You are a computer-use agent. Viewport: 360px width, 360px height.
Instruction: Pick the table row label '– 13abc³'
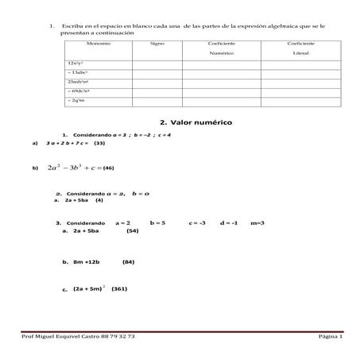pyautogui.click(x=80, y=72)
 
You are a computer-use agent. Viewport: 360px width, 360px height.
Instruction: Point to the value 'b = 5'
pyautogui.click(x=157, y=223)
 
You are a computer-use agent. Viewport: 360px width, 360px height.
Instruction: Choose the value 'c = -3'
pyautogui.click(x=197, y=223)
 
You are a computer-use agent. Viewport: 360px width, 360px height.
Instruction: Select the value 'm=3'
pyautogui.click(x=257, y=223)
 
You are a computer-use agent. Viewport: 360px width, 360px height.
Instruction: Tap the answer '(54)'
pyautogui.click(x=133, y=231)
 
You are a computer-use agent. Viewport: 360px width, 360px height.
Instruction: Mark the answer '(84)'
pyautogui.click(x=129, y=261)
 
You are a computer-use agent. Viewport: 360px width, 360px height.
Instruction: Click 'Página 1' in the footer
pyautogui.click(x=329, y=337)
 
